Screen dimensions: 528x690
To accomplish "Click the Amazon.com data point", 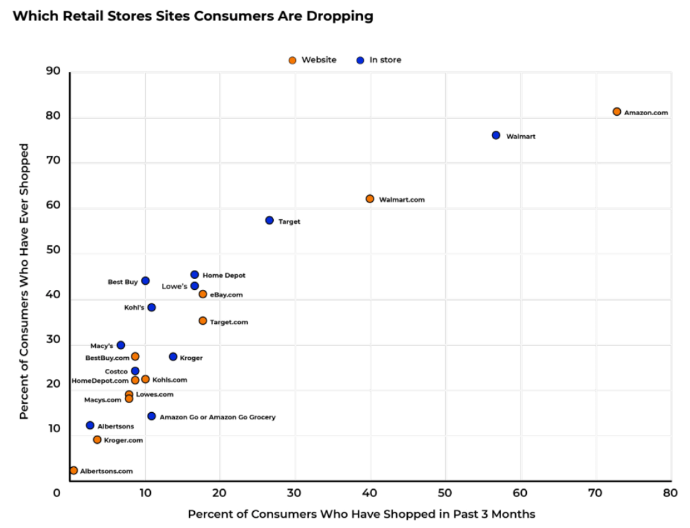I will click(616, 112).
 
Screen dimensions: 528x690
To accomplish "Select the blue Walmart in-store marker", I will click(496, 135).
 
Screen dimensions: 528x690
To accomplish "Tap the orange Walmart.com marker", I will click(370, 199).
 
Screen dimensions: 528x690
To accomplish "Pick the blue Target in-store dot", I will click(269, 221).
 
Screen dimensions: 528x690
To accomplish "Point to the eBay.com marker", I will click(203, 294).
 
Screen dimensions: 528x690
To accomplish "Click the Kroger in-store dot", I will click(173, 357).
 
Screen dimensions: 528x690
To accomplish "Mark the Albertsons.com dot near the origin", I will click(74, 470).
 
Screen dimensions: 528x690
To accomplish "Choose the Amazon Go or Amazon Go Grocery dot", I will click(151, 416).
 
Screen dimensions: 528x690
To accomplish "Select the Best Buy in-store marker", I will click(145, 281).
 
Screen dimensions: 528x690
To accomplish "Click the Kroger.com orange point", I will click(97, 439).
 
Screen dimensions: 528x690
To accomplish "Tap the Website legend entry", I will click(313, 60).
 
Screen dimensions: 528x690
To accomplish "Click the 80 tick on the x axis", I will click(670, 493).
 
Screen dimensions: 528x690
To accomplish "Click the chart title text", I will click(193, 16).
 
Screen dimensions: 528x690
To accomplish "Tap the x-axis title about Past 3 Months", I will click(361, 514).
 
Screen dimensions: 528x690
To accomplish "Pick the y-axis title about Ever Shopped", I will click(24, 281).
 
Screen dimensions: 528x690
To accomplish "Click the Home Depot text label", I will click(224, 276).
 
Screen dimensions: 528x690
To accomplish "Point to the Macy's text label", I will click(102, 346).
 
